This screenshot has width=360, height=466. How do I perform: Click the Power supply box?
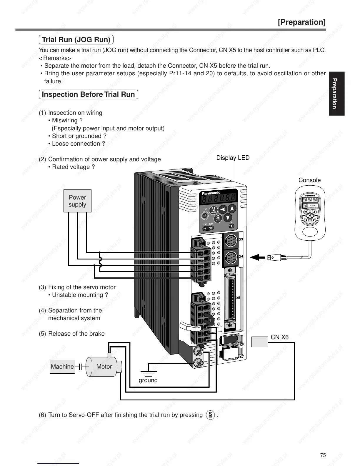pos(77,201)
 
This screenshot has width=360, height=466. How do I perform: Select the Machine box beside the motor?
pos(62,367)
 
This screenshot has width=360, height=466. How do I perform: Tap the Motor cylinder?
pos(103,367)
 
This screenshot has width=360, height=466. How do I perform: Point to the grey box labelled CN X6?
pos(260,342)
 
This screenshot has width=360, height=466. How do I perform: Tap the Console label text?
pos(309,180)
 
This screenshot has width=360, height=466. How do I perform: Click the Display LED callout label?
pos(233,158)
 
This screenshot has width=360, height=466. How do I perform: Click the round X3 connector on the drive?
pos(230,242)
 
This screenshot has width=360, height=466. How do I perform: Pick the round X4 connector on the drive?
pos(230,258)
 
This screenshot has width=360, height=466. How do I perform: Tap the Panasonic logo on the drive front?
pos(211,193)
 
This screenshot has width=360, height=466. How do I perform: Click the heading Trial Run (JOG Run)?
pos(76,40)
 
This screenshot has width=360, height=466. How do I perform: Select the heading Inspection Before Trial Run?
pos(88,94)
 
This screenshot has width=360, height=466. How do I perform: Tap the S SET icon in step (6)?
pos(210,415)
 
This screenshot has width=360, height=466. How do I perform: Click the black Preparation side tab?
pos(336,93)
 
